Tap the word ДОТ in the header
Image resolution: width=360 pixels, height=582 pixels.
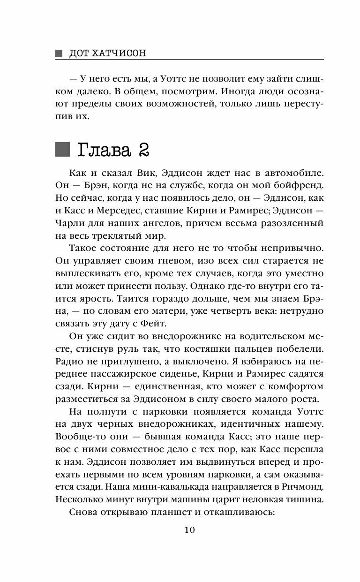click(x=79, y=53)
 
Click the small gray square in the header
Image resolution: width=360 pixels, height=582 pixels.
click(x=59, y=53)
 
